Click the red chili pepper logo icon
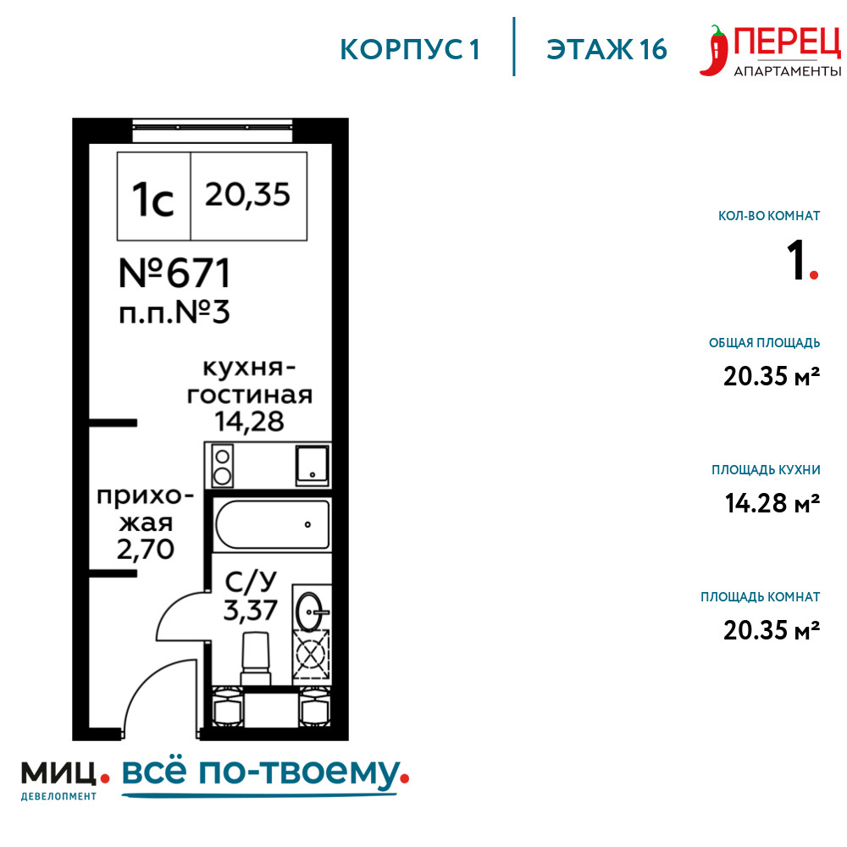tap(713, 51)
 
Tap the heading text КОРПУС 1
tap(410, 50)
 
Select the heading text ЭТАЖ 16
tap(606, 50)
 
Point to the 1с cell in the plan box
tap(153, 197)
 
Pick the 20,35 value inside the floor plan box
tap(247, 195)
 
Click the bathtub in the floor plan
tap(272, 524)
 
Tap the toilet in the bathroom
tap(256, 659)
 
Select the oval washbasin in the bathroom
tap(310, 612)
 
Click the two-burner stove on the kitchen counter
tap(222, 465)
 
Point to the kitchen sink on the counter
tap(313, 464)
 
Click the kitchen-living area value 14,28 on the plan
tap(250, 422)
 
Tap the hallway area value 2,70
tap(146, 550)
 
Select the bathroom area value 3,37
tap(250, 611)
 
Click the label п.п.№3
tap(174, 313)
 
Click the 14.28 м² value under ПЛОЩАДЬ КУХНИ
tap(772, 503)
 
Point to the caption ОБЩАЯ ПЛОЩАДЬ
tap(764, 342)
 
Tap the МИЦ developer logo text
tap(59, 773)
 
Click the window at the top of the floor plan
tap(213, 128)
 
